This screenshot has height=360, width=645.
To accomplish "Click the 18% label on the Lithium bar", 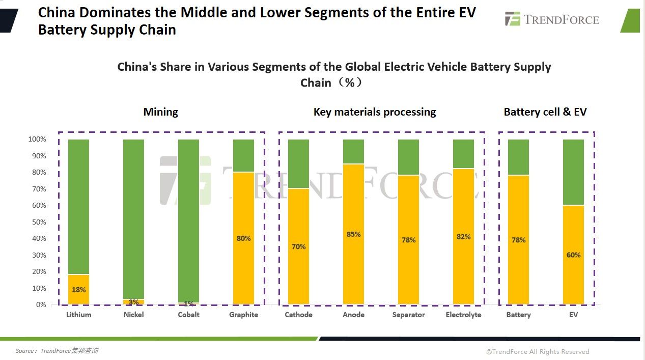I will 78,290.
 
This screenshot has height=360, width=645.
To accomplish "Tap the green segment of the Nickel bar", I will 133,219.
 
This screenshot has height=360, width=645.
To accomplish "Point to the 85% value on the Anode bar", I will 353,234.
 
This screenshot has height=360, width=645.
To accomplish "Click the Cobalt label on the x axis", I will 188,315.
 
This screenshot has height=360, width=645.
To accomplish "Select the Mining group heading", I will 160,112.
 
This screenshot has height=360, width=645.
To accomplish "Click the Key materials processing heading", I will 375,112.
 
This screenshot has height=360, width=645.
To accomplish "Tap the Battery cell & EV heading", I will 545,112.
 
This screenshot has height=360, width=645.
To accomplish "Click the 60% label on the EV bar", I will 573,255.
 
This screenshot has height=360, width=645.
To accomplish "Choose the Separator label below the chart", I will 408,315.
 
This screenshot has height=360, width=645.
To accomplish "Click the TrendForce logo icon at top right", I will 512,19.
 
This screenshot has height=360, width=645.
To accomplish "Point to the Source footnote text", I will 57,351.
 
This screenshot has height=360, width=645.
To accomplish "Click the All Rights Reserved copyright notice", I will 538,351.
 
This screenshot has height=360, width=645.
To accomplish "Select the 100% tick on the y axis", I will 37,139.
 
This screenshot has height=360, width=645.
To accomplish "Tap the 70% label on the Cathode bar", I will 298,246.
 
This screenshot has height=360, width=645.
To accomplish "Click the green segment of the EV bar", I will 573,172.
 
